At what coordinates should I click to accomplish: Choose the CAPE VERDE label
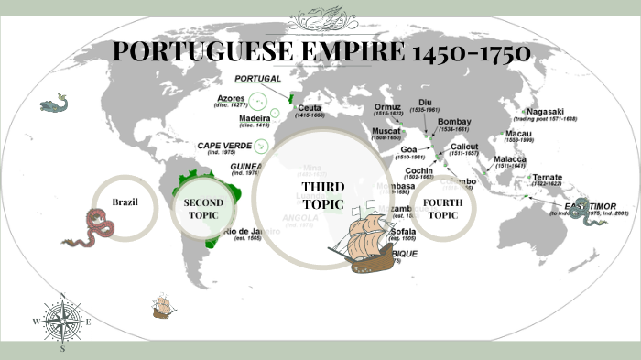225,145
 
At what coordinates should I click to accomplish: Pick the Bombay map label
455,122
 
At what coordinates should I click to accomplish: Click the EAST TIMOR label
590,207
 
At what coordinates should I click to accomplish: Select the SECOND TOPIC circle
203,208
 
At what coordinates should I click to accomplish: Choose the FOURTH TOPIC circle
443,208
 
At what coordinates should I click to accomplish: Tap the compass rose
62,322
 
